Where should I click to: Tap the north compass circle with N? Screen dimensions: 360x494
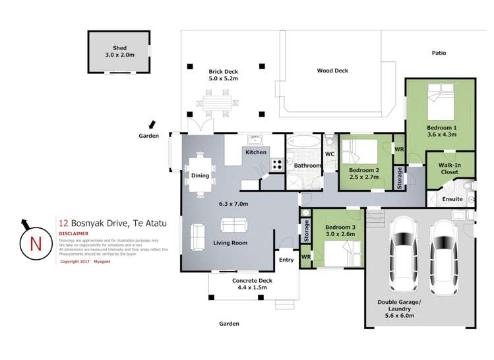point(35,243)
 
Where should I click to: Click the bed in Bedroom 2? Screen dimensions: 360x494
point(359,152)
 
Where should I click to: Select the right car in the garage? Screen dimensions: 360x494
point(443,254)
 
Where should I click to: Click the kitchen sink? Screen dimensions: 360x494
point(255,140)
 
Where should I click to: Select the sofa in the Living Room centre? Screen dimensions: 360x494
point(234,225)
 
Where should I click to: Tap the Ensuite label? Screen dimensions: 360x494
point(452,198)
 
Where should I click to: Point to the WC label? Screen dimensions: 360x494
point(330,155)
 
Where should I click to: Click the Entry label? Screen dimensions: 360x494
point(286,260)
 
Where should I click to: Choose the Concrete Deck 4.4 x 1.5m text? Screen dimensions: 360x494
point(252,284)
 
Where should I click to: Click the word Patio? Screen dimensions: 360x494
point(439,53)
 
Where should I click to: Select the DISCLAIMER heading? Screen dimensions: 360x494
point(75,233)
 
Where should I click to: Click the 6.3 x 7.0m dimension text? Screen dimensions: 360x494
point(234,204)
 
